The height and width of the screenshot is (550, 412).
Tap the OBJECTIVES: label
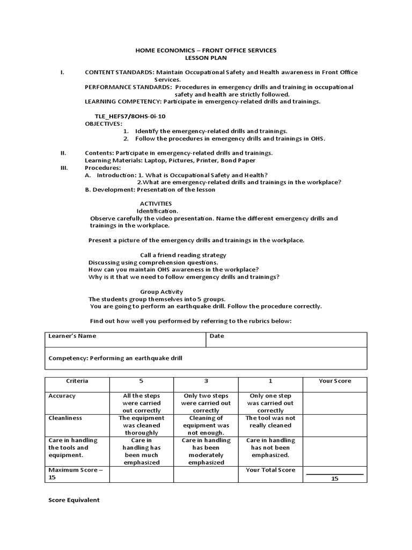click(104, 123)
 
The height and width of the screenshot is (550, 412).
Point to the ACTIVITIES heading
click(156, 204)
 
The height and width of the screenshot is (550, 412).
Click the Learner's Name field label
click(72, 336)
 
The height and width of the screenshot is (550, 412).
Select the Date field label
click(217, 336)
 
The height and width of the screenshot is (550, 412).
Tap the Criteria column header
click(77, 381)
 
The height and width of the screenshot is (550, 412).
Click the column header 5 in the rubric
click(141, 381)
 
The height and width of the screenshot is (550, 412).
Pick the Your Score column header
click(335, 381)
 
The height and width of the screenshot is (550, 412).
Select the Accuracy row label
click(62, 396)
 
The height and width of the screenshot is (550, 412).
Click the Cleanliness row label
click(65, 417)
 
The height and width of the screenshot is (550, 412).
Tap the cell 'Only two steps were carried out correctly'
click(205, 403)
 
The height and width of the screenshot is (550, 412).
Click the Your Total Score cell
click(270, 470)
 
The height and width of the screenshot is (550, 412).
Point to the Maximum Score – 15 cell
click(76, 474)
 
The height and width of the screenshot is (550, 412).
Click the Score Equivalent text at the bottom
click(74, 500)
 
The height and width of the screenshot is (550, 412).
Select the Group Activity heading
click(161, 292)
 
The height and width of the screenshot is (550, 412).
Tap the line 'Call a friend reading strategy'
click(183, 255)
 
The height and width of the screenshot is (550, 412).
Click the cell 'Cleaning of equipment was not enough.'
click(205, 425)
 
